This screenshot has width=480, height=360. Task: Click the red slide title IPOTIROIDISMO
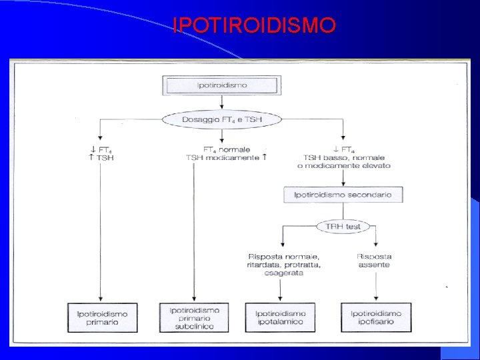pos(254,26)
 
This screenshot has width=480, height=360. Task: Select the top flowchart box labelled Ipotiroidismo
pos(222,85)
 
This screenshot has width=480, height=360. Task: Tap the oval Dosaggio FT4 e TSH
pos(222,120)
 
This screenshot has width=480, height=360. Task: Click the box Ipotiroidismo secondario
pos(343,195)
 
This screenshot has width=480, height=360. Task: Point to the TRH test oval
pos(343,227)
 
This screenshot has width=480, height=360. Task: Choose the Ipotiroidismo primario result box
pos(101,317)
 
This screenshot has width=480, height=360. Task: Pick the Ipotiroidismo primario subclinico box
pos(194,318)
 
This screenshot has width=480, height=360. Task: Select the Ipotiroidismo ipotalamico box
pos(280,317)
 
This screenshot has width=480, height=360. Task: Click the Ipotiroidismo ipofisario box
pos(376,317)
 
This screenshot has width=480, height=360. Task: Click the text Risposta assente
pos(373,261)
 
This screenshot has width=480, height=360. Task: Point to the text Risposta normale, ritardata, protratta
pos(283,261)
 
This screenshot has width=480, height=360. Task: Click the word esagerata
pos(283,273)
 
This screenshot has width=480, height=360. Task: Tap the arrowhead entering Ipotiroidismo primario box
pos(100,299)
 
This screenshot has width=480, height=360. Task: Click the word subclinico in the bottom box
pos(194,327)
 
